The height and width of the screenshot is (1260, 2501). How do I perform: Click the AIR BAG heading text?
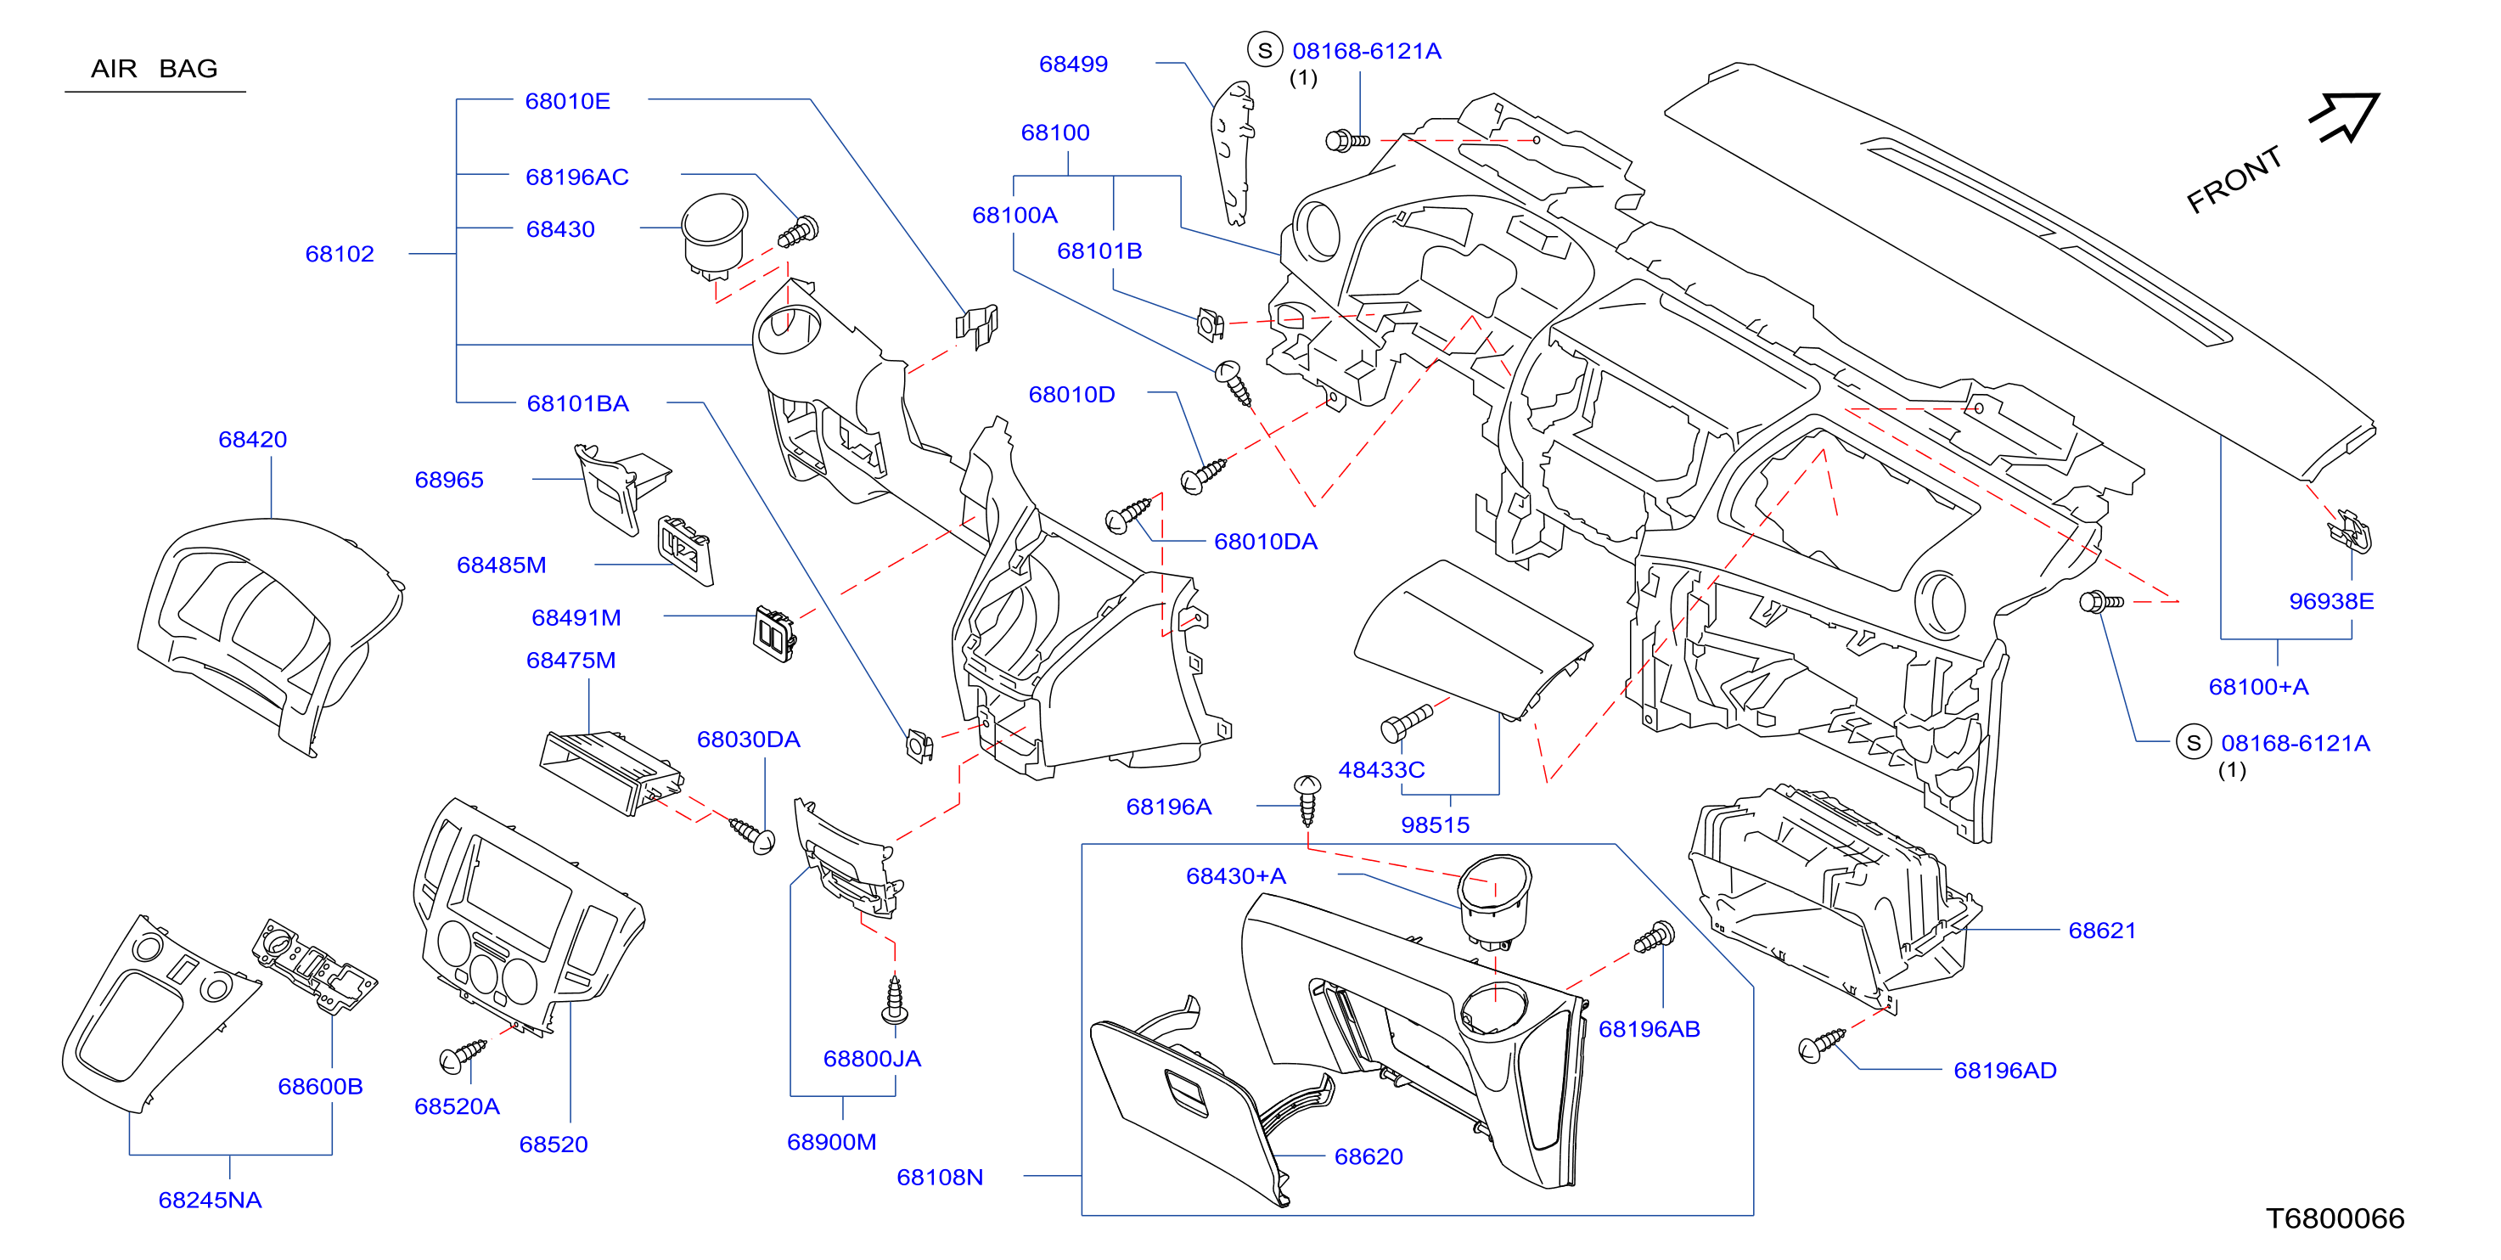pyautogui.click(x=155, y=69)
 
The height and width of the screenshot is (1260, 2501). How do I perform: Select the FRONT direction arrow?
pyautogui.click(x=2346, y=117)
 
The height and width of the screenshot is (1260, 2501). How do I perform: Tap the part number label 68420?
pyautogui.click(x=252, y=440)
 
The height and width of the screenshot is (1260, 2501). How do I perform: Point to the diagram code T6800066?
pyautogui.click(x=2335, y=1218)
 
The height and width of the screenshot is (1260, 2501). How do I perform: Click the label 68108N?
pyautogui.click(x=940, y=1178)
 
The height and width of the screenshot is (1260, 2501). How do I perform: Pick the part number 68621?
pyautogui.click(x=2102, y=931)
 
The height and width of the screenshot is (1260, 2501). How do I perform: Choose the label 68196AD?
pyautogui.click(x=2005, y=1071)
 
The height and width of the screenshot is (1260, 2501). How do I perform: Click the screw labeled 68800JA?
pyautogui.click(x=895, y=1000)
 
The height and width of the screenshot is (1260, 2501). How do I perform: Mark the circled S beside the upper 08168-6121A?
pyautogui.click(x=1264, y=50)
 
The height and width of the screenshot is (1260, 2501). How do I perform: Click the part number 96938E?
pyautogui.click(x=2331, y=602)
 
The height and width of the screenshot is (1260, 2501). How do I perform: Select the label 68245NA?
pyautogui.click(x=210, y=1201)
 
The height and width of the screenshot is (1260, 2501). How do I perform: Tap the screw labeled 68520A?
pyautogui.click(x=462, y=1056)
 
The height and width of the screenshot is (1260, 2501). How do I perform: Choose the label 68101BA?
pyautogui.click(x=577, y=404)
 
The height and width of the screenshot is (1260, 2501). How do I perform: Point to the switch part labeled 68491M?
pyautogui.click(x=776, y=633)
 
